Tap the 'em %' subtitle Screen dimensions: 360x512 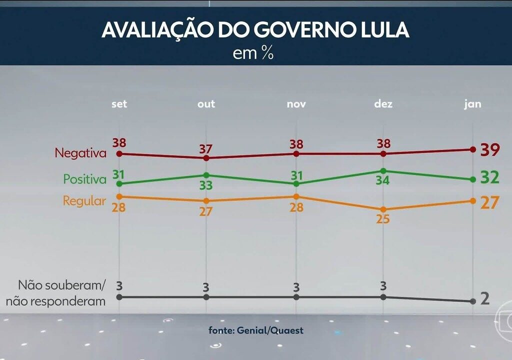[253, 53]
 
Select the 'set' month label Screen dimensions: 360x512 [119, 104]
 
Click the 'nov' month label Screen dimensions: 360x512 [296, 104]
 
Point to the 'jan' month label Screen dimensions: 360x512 [472, 104]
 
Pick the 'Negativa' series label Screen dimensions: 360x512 [80, 152]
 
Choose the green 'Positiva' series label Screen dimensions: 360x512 [85, 178]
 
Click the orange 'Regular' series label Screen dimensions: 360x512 [84, 201]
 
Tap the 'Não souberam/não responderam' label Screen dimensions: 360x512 [62, 293]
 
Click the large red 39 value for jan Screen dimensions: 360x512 [489, 149]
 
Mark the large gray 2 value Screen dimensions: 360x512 [484, 298]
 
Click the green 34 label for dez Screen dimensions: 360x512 [382, 180]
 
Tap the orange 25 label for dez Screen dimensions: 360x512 [383, 219]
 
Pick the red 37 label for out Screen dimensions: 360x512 [206, 148]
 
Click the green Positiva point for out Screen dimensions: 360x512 [206, 175]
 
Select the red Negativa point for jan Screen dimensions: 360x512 [472, 149]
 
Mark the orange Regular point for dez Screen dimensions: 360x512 [383, 209]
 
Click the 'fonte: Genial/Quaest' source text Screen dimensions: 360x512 [256, 330]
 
